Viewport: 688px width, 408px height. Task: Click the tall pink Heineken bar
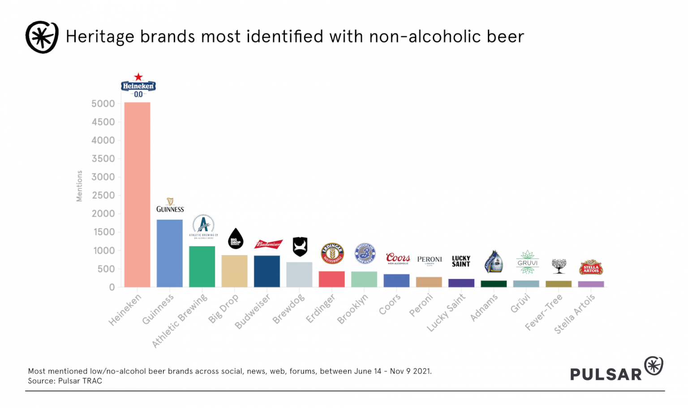pyautogui.click(x=137, y=195)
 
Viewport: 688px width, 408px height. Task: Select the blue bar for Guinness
pyautogui.click(x=169, y=253)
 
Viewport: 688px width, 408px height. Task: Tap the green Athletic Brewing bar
pyautogui.click(x=202, y=266)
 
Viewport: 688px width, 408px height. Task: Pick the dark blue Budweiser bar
pyautogui.click(x=267, y=271)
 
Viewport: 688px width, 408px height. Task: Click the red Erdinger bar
pyautogui.click(x=331, y=279)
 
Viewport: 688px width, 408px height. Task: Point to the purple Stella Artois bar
pyautogui.click(x=591, y=284)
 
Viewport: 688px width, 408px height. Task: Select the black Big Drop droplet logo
pyautogui.click(x=236, y=239)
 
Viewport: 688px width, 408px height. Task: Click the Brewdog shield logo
pyautogui.click(x=300, y=246)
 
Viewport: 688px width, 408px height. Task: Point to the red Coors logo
pyautogui.click(x=398, y=258)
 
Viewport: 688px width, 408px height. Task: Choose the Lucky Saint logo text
pyautogui.click(x=461, y=261)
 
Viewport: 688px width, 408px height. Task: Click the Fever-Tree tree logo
pyautogui.click(x=559, y=266)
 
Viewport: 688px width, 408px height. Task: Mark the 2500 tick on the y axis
pyautogui.click(x=103, y=195)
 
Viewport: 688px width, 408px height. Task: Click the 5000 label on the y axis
pyautogui.click(x=103, y=104)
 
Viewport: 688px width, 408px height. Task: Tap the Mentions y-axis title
pyautogui.click(x=79, y=186)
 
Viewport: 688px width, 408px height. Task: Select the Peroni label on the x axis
pyautogui.click(x=421, y=305)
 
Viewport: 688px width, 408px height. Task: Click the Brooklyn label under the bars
pyautogui.click(x=353, y=309)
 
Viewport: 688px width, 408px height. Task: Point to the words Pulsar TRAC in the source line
pyautogui.click(x=80, y=381)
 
